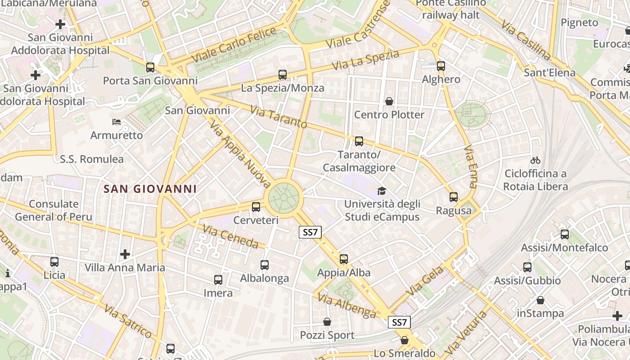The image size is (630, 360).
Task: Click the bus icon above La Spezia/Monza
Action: (x=283, y=75)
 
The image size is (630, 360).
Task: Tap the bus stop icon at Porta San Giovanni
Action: (x=150, y=67)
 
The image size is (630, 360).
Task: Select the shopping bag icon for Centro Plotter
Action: (x=389, y=101)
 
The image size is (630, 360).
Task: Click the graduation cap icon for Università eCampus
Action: (x=382, y=191)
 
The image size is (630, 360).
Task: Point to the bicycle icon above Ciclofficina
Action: (x=535, y=160)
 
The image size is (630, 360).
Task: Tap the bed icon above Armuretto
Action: (x=117, y=121)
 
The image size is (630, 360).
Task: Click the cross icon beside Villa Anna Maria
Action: (x=125, y=254)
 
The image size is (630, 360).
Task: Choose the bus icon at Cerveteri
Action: (x=256, y=207)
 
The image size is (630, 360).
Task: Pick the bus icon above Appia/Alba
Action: (x=344, y=259)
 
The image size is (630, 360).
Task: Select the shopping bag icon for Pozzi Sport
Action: (x=327, y=322)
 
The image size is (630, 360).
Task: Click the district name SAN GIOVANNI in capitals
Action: (x=150, y=189)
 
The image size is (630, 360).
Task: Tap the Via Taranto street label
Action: (x=279, y=117)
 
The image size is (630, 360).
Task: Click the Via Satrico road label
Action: (x=128, y=321)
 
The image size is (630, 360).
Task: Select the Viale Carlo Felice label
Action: (x=234, y=45)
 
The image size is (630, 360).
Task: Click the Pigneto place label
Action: (x=580, y=22)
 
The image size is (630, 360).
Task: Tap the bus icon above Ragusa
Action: (x=454, y=197)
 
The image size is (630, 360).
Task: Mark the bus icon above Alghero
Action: (x=441, y=66)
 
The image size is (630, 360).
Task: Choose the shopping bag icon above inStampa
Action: (x=540, y=300)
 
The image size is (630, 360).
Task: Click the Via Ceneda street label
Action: (x=230, y=237)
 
